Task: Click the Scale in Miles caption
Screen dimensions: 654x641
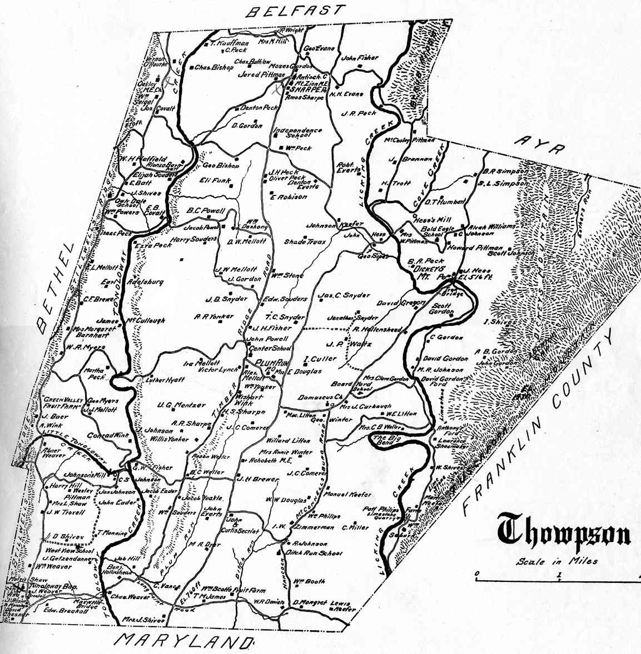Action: (x=556, y=561)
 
